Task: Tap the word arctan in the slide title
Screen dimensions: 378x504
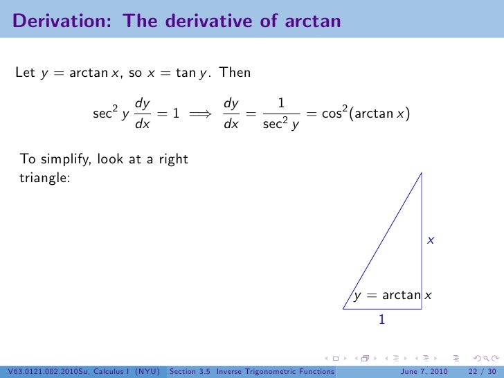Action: pyautogui.click(x=312, y=21)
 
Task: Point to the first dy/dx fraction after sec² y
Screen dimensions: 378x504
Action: pyautogui.click(x=143, y=114)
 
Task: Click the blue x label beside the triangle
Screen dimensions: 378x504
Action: pyautogui.click(x=430, y=240)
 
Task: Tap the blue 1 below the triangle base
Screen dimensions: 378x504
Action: pyautogui.click(x=381, y=321)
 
